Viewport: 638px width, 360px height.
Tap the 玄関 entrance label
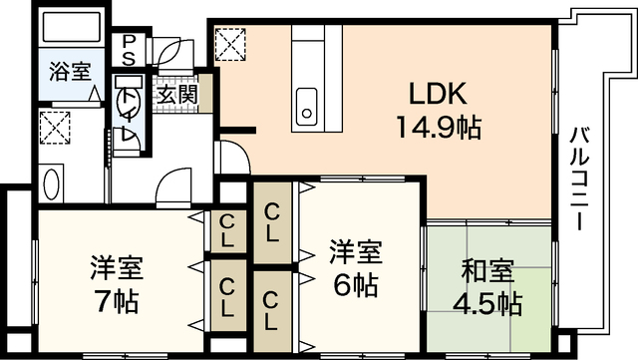pos(175,97)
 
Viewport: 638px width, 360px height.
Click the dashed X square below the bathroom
pos(52,127)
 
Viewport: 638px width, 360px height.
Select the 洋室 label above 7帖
pos(117,267)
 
